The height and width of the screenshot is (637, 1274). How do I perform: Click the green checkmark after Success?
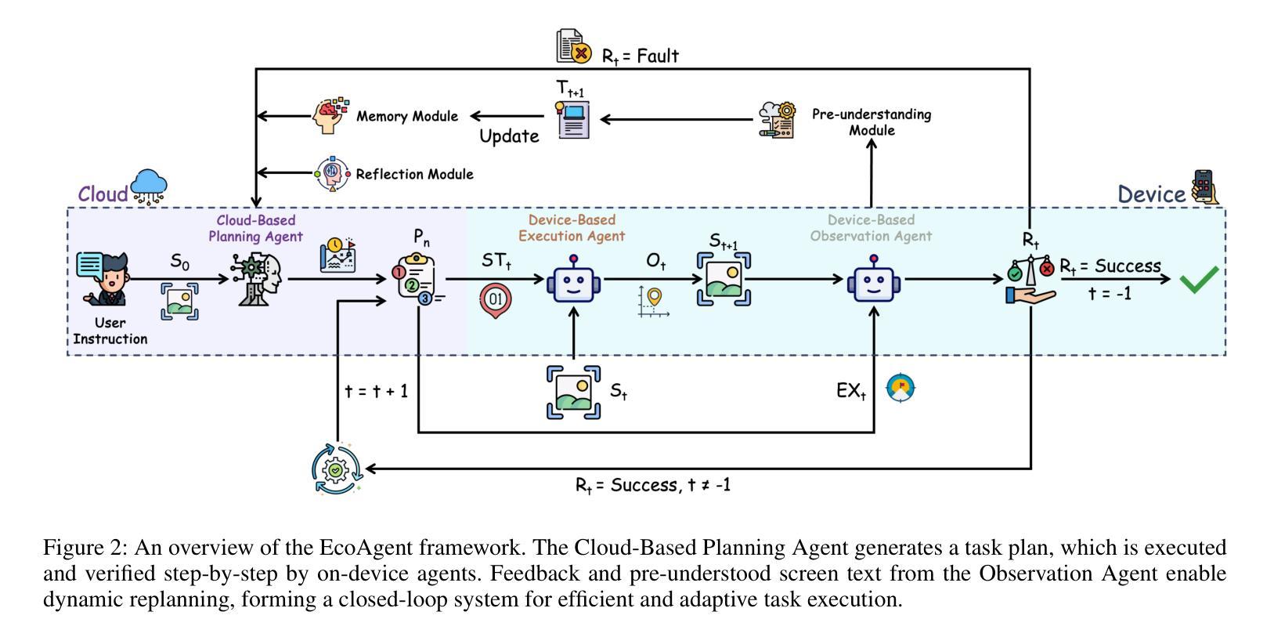click(x=1198, y=279)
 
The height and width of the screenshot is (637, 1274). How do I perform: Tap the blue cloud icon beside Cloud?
click(x=149, y=186)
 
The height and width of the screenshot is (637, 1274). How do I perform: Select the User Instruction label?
click(x=110, y=331)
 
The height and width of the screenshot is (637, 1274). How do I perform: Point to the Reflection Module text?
click(x=414, y=174)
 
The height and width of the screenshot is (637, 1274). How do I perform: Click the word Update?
click(x=509, y=136)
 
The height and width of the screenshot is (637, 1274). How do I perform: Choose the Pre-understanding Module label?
click(x=872, y=122)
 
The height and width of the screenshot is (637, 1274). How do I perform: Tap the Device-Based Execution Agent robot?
click(x=573, y=279)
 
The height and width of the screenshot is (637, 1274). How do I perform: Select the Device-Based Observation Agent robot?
click(x=874, y=279)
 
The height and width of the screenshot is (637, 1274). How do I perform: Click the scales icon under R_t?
click(x=1030, y=279)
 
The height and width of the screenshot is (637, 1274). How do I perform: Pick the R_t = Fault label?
click(x=640, y=56)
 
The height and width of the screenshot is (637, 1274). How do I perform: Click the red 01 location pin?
click(x=496, y=299)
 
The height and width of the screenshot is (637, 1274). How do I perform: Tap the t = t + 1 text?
click(x=377, y=390)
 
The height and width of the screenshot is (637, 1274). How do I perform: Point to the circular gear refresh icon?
click(x=337, y=469)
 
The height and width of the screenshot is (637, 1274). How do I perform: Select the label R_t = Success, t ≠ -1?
click(x=653, y=485)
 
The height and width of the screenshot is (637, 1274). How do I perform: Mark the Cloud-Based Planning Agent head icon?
click(x=258, y=279)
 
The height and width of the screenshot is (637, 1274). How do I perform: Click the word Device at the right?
click(x=1151, y=194)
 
